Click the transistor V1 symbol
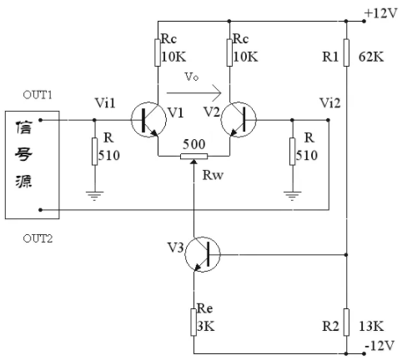pyautogui.click(x=148, y=120)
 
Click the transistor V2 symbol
pyautogui.click(x=239, y=120)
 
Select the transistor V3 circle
pyautogui.click(x=203, y=254)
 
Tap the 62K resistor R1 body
pyautogui.click(x=346, y=52)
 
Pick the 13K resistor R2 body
pyautogui.click(x=346, y=322)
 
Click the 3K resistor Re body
pyautogui.click(x=193, y=322)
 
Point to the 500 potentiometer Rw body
pyautogui.click(x=193, y=157)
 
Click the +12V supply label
pyautogui.click(x=381, y=13)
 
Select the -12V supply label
pyautogui.click(x=379, y=346)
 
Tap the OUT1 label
pyautogui.click(x=38, y=95)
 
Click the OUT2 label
pyautogui.click(x=38, y=238)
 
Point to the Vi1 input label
pyautogui.click(x=105, y=103)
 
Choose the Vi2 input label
pyautogui.click(x=330, y=103)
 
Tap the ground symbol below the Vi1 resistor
pyautogui.click(x=94, y=196)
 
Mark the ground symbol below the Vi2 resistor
pyautogui.click(x=292, y=196)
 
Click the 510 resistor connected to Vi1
pyautogui.click(x=94, y=152)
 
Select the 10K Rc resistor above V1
pyautogui.click(x=158, y=52)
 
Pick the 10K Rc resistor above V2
pyautogui.click(x=229, y=52)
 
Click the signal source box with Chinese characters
pyautogui.click(x=33, y=165)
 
